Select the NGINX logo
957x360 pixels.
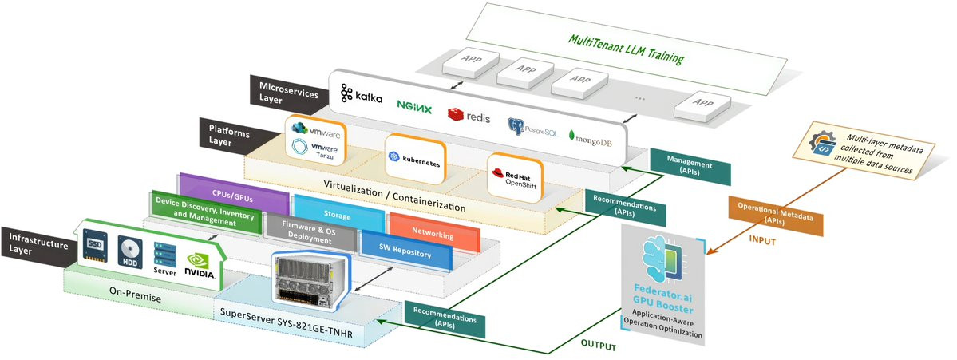point(414,106)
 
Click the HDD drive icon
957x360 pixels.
point(130,254)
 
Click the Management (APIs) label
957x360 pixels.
point(690,164)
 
